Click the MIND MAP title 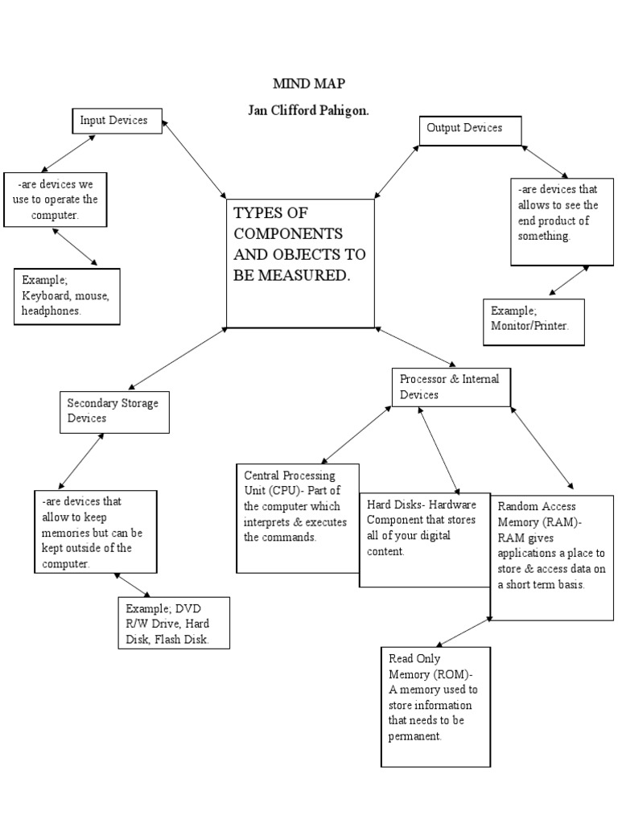[x=309, y=84]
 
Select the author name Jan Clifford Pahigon [x=309, y=110]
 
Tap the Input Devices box [x=117, y=121]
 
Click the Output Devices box [x=470, y=130]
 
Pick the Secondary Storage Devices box [x=112, y=410]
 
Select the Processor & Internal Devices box [x=451, y=387]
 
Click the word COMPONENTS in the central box [x=287, y=233]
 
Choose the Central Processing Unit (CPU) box [x=297, y=518]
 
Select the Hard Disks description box [x=423, y=538]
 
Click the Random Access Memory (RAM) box [x=551, y=557]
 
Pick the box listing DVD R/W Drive [x=173, y=622]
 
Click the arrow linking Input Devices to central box [x=195, y=159]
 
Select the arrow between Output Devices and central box [x=397, y=172]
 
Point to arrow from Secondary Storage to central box [x=178, y=359]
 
